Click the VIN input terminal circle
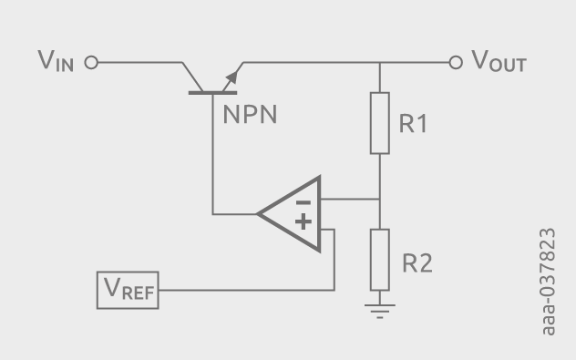click(x=90, y=63)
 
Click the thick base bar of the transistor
click(x=211, y=93)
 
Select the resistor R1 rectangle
click(x=379, y=122)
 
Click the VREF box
click(x=129, y=290)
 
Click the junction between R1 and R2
click(x=379, y=200)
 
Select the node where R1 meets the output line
click(x=379, y=63)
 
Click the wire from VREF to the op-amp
click(x=246, y=290)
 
